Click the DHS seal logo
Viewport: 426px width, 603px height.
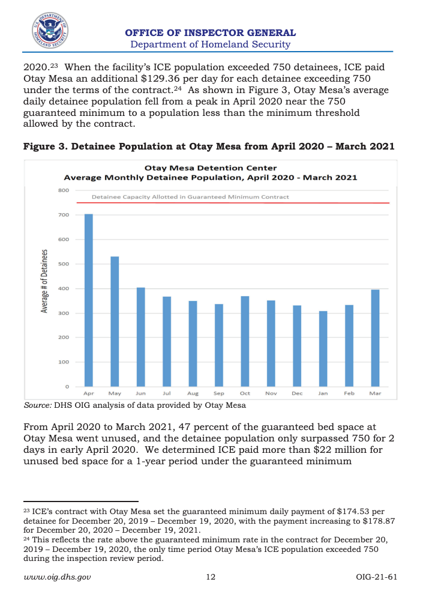[50, 31]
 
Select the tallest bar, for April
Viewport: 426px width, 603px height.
[89, 300]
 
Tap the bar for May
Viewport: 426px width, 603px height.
[115, 321]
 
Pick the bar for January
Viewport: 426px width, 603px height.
[323, 349]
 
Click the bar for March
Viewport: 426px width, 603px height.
[375, 338]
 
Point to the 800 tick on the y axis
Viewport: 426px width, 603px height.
[64, 190]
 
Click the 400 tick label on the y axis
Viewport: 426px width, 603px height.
[64, 288]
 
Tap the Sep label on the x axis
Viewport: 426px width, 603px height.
[219, 393]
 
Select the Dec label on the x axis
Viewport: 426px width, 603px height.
[297, 393]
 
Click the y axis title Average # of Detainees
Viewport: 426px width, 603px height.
[44, 281]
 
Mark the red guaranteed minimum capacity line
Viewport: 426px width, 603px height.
[233, 202]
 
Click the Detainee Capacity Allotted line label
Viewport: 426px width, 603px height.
[190, 197]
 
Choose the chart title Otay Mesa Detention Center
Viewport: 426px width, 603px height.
[211, 168]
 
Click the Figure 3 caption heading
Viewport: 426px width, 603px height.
[209, 147]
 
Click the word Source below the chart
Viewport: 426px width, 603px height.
[37, 405]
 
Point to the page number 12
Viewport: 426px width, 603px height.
[211, 577]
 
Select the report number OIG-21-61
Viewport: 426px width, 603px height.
[376, 577]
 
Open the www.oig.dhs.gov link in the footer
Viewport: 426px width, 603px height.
[57, 577]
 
